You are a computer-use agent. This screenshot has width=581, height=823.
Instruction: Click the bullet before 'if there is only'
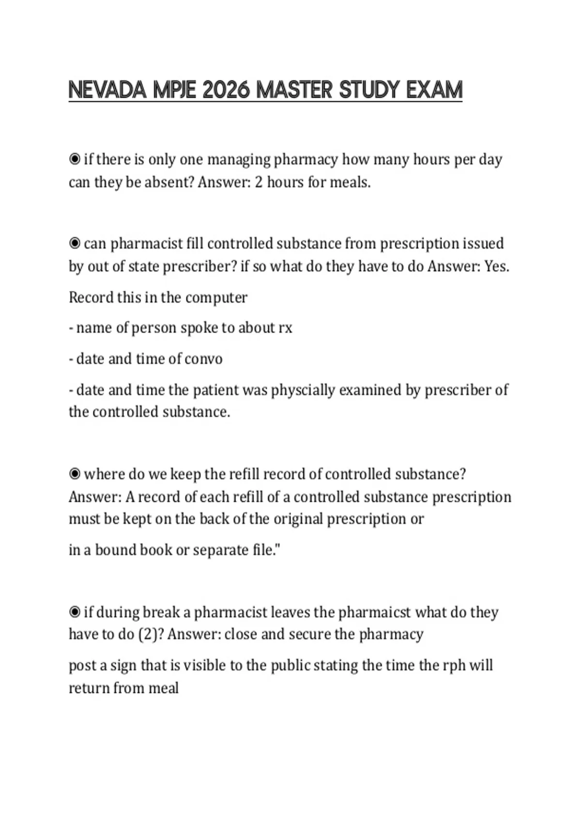[75, 159]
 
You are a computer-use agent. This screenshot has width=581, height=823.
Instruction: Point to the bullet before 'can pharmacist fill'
[75, 243]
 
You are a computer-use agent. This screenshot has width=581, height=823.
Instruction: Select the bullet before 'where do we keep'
[75, 473]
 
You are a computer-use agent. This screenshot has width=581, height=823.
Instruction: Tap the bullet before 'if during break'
[75, 612]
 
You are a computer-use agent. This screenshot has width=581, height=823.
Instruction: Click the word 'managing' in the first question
[238, 159]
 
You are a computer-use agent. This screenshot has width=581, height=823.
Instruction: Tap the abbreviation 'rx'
[285, 328]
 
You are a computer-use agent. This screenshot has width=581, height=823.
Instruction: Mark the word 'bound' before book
[115, 550]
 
